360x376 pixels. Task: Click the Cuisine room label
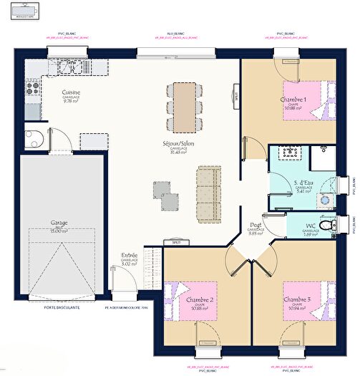(x=70, y=92)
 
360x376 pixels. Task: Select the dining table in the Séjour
(x=184, y=107)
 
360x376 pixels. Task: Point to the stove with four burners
(x=33, y=89)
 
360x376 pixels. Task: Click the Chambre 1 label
(x=293, y=100)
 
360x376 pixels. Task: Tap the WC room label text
(x=311, y=226)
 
